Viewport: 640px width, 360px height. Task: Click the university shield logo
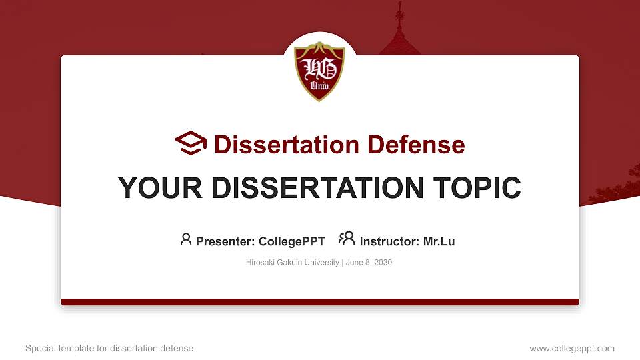pos(319,71)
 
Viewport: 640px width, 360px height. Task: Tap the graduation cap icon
pos(191,143)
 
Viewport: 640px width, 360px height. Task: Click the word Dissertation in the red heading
pos(278,145)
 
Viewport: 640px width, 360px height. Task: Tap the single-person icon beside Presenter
pos(186,239)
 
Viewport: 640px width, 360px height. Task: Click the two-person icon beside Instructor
pos(347,239)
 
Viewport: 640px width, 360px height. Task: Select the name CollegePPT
pos(291,241)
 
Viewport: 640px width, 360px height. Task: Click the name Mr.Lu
pos(439,241)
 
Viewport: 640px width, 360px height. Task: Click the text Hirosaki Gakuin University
pos(293,263)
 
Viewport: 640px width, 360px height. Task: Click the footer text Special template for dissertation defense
pos(109,348)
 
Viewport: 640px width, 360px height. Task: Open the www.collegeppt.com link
pos(572,348)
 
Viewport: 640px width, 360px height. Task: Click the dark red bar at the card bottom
pos(320,302)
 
